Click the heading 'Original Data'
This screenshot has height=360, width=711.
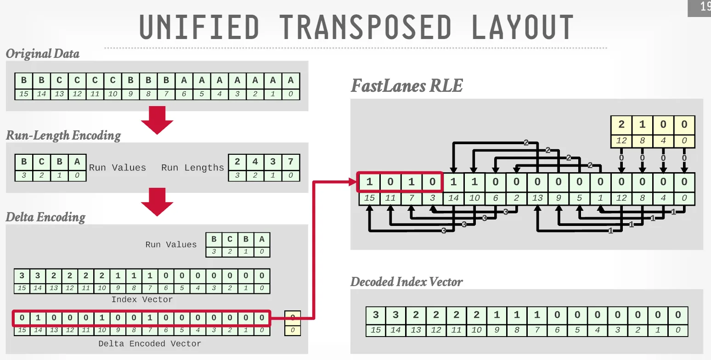tap(42, 54)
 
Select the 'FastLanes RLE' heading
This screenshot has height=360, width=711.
tap(406, 86)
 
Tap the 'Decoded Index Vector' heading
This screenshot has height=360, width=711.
tap(406, 281)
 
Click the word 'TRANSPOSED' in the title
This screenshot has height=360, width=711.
tap(366, 27)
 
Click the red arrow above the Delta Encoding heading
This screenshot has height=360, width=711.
tap(157, 202)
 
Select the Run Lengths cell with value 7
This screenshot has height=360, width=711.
tap(291, 162)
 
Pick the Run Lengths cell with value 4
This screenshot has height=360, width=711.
tap(255, 162)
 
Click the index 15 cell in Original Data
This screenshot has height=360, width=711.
tap(23, 95)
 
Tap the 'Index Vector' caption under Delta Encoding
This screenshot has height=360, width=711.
tap(142, 299)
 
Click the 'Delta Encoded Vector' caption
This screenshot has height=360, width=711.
tap(150, 343)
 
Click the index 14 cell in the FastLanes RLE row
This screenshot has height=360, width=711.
tap(453, 198)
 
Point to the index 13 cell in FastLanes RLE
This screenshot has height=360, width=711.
tap(537, 198)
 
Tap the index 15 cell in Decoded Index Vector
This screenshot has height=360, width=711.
tap(376, 330)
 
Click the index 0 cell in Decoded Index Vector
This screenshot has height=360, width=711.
tap(678, 330)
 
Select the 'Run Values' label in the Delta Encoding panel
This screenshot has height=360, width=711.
tap(171, 245)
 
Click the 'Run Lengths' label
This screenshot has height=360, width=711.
tap(192, 168)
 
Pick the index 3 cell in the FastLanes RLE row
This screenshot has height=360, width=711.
tap(432, 198)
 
